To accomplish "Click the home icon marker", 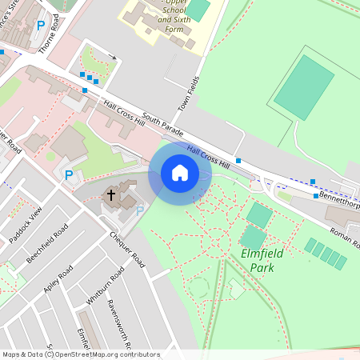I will click(179, 173).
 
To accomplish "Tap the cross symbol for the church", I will click(111, 194).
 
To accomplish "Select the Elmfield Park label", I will click(246, 261).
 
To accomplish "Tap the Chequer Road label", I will click(127, 250).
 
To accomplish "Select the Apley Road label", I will click(58, 278).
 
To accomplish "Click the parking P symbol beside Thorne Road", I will click(41, 25).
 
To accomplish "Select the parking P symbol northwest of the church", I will click(69, 174).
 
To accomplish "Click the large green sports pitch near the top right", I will click(304, 87).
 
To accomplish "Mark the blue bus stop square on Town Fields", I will click(238, 160).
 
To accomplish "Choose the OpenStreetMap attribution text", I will click(80, 354).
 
